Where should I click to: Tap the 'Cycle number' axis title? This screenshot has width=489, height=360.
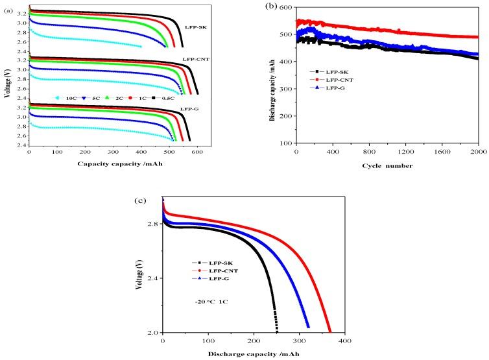pyautogui.click(x=386, y=165)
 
